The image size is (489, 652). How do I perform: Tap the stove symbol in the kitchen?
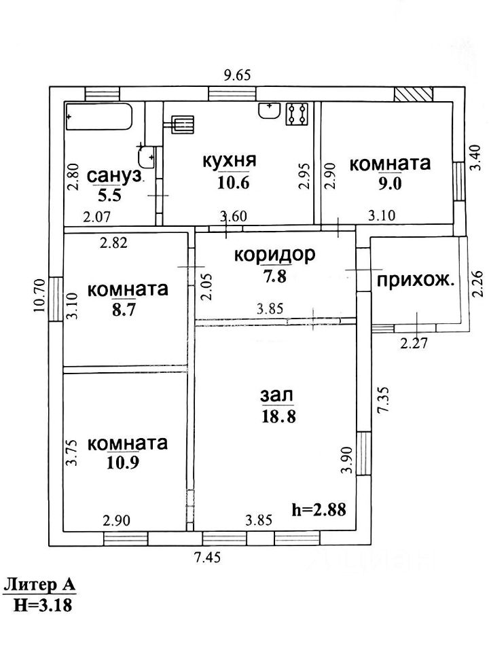[x=297, y=114]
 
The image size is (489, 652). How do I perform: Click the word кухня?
[x=229, y=161]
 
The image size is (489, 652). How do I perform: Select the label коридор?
[x=275, y=255]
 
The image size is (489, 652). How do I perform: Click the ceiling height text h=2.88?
[x=319, y=508]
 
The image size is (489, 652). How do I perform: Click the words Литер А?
[x=39, y=585]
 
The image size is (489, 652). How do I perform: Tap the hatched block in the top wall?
[x=414, y=94]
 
